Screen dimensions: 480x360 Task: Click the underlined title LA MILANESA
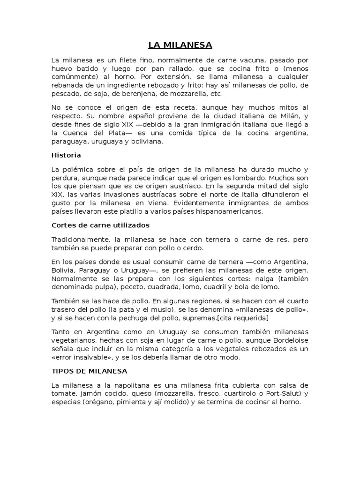pyautogui.click(x=180, y=45)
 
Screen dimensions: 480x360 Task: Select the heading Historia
pyautogui.click(x=66, y=155)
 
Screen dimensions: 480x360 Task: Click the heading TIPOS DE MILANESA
pyautogui.click(x=89, y=371)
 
